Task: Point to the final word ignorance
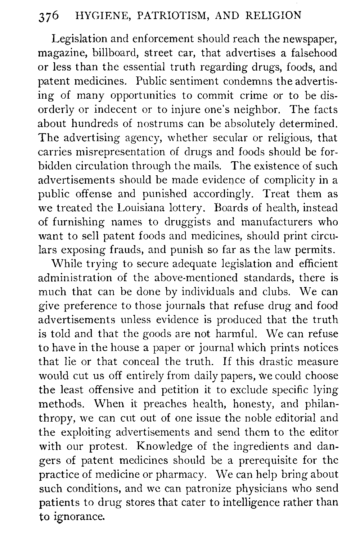[81, 517]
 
